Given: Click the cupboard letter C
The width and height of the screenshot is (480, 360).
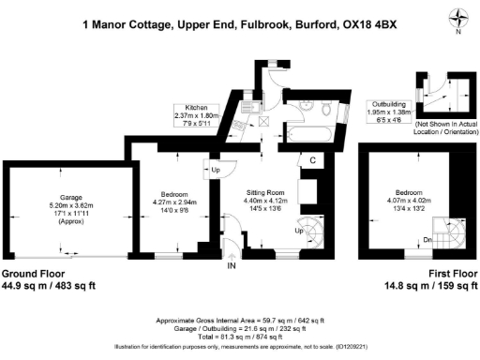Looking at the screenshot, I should point(310,162).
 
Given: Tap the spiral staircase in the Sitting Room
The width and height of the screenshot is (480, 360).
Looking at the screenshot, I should point(308,229).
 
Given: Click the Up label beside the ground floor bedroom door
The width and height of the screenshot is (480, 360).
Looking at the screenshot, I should point(215,170).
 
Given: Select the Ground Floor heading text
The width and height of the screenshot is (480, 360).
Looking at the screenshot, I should point(40,274).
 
